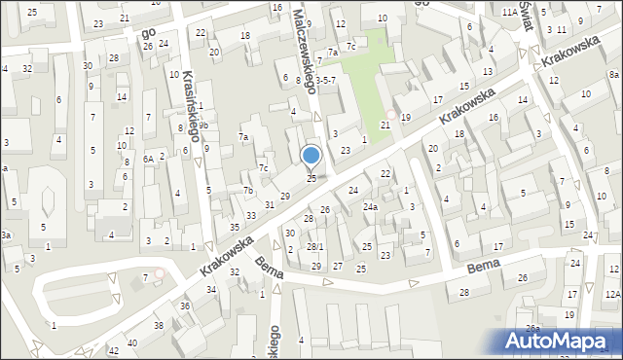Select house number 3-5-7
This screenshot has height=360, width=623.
[324, 81]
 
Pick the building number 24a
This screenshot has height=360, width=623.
[370, 207]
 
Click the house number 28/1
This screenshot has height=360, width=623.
[314, 247]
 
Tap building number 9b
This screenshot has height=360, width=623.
[203, 126]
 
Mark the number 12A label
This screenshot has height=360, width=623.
[611, 295]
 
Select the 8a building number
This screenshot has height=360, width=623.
[613, 75]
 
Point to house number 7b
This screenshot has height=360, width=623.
[249, 190]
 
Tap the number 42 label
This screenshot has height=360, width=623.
[114, 350]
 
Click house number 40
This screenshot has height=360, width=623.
[132, 342]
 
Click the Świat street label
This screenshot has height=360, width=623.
[526, 19]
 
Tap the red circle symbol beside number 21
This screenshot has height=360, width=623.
[392, 115]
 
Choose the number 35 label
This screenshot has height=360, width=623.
[234, 227]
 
